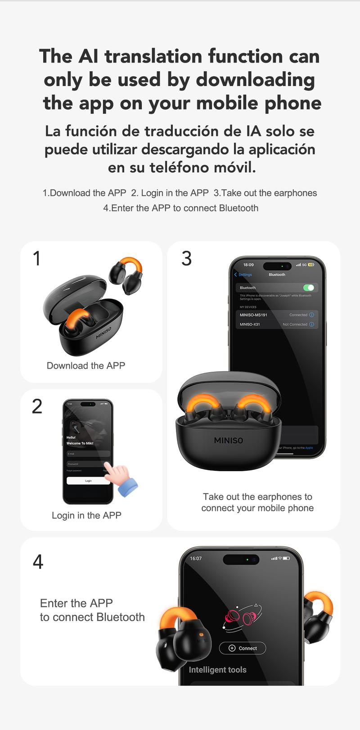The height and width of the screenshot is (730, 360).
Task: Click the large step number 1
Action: pyautogui.click(x=37, y=259)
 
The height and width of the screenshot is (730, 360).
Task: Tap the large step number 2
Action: pyautogui.click(x=37, y=406)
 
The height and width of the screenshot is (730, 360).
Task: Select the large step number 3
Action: pyautogui.click(x=186, y=259)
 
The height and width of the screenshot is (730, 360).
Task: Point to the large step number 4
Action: pyautogui.click(x=38, y=562)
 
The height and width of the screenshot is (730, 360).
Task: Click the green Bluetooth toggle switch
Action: pyautogui.click(x=309, y=288)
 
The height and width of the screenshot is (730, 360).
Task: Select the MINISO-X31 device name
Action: pyautogui.click(x=250, y=324)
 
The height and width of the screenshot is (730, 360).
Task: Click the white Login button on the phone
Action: pyautogui.click(x=88, y=481)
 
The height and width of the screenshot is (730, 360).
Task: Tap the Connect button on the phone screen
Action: pyautogui.click(x=243, y=648)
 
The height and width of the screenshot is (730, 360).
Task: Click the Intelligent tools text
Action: pyautogui.click(x=217, y=670)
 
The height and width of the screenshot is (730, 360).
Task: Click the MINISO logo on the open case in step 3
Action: pyautogui.click(x=228, y=440)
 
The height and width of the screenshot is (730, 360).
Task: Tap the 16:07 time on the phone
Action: pyautogui.click(x=196, y=559)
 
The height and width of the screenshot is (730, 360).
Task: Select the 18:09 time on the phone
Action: pyautogui.click(x=248, y=265)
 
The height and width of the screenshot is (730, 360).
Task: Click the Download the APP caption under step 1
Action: pyautogui.click(x=86, y=365)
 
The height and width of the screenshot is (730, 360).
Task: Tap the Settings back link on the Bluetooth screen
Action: pyautogui.click(x=243, y=275)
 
